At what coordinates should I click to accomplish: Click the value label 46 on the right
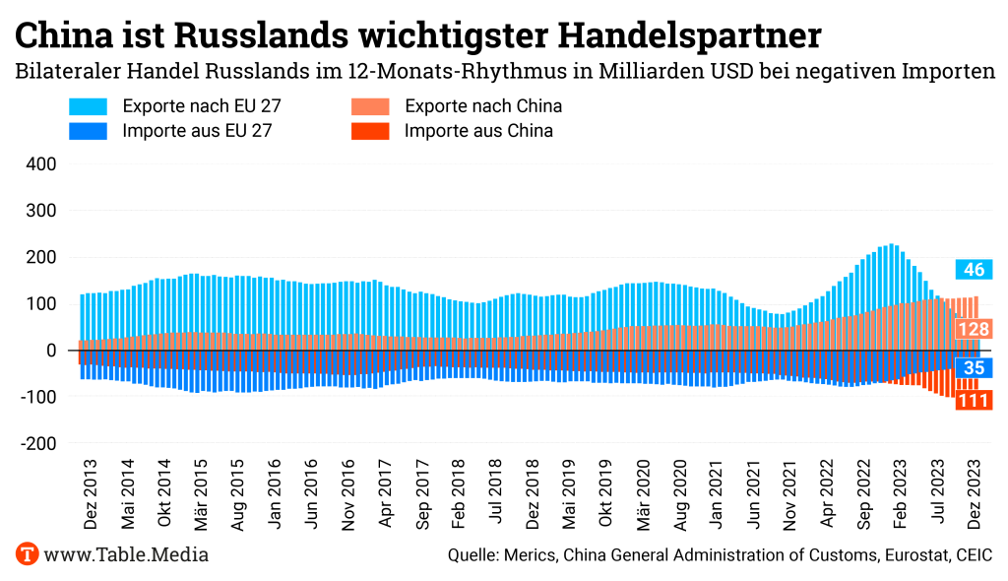coord(974,270)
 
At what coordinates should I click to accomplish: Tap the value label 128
coord(974,330)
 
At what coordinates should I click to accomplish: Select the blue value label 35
coord(974,368)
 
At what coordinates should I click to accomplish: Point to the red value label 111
coord(974,400)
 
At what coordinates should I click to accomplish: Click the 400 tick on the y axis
coord(39,163)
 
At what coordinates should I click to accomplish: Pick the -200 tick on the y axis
coord(35,444)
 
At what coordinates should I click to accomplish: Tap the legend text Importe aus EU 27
coord(197,131)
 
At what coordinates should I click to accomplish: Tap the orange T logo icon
coord(27,554)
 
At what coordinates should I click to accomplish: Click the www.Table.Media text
coord(126,554)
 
